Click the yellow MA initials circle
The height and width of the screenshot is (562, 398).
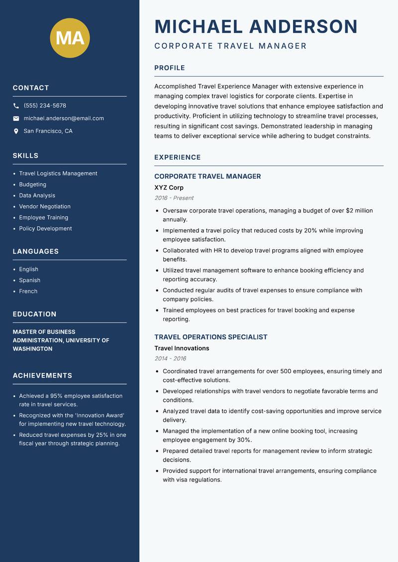(70, 38)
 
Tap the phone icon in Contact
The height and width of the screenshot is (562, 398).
(16, 106)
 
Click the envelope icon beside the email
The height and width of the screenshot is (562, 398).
(16, 118)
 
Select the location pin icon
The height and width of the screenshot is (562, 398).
(16, 131)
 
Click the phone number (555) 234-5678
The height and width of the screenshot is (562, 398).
(45, 106)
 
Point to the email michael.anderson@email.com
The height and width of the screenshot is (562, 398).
(64, 118)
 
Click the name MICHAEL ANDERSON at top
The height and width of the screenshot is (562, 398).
(256, 26)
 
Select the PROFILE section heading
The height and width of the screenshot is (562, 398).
(169, 68)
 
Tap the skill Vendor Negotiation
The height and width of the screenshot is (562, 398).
(45, 206)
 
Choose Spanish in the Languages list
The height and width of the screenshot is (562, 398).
(29, 280)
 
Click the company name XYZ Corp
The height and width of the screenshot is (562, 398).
(169, 187)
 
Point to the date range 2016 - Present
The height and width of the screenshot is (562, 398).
(174, 198)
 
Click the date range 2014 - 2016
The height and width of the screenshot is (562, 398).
(170, 359)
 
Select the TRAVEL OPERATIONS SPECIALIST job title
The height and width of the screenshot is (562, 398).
(210, 337)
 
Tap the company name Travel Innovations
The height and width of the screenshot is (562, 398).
(182, 348)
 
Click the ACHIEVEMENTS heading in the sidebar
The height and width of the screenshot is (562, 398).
(42, 375)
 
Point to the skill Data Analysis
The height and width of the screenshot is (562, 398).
(37, 195)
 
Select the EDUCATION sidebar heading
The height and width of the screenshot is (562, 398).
(34, 314)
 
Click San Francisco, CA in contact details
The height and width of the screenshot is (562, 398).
(48, 131)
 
